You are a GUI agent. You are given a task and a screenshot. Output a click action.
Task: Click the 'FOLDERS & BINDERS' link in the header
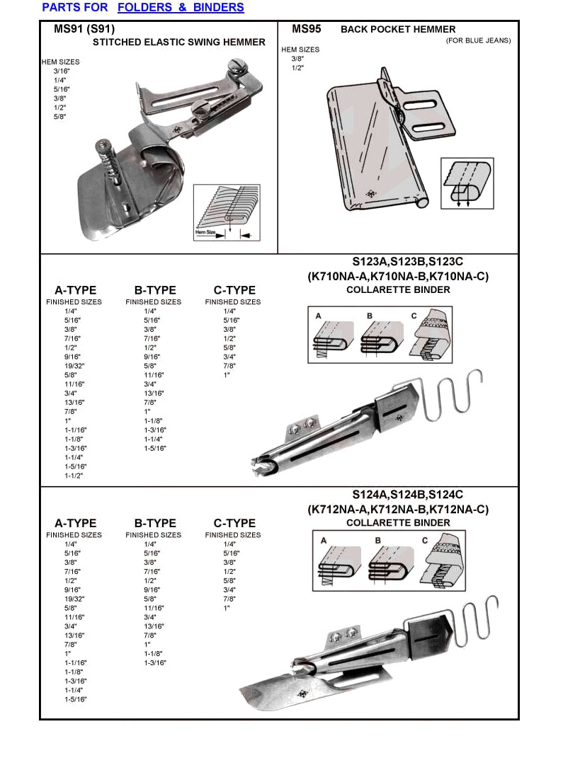181,8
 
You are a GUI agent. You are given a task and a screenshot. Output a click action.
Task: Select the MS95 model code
307,29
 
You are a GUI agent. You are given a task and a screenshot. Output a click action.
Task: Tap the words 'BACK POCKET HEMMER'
398,30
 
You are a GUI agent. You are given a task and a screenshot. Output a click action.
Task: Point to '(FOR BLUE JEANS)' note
478,40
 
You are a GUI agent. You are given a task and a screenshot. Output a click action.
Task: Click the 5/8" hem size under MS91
59,116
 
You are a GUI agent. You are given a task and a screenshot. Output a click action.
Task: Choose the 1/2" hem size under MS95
297,68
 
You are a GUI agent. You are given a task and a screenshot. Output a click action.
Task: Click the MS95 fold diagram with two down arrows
467,183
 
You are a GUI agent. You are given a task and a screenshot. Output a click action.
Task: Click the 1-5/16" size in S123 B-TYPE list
154,449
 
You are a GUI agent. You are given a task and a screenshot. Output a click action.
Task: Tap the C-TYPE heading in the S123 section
234,290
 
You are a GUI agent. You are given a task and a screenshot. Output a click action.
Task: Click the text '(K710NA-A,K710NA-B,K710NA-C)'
397,276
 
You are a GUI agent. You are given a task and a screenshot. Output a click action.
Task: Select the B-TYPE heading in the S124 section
155,524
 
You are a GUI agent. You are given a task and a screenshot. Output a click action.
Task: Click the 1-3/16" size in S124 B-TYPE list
154,663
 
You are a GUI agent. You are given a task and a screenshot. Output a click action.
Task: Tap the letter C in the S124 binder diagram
424,541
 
